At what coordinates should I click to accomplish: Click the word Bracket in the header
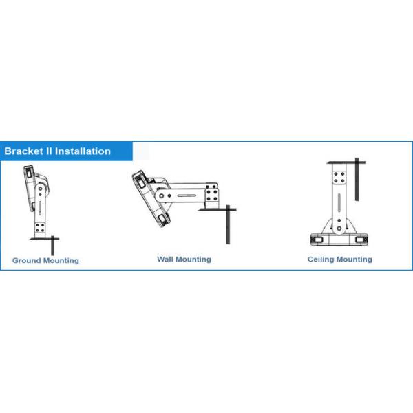click(23, 151)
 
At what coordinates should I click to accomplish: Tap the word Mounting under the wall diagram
click(195, 260)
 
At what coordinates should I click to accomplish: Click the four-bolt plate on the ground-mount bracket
click(40, 227)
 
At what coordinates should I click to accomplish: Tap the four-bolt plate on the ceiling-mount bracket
click(338, 178)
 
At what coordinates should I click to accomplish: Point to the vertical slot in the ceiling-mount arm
click(338, 204)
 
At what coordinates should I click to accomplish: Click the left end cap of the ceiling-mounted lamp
click(317, 238)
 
